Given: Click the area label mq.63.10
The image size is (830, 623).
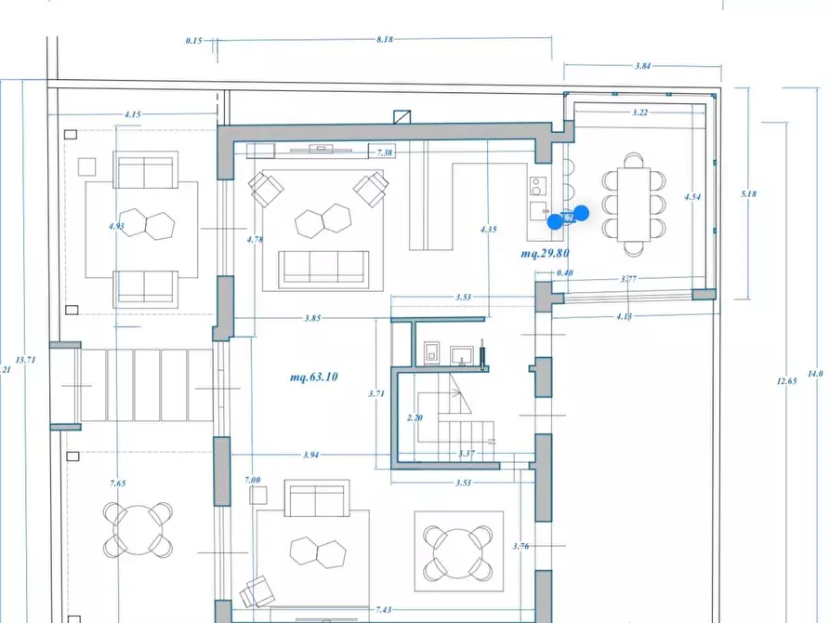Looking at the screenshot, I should pos(313,377).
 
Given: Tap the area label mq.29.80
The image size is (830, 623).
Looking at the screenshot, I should pos(545,253).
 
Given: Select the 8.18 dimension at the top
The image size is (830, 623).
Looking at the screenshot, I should pos(385,40).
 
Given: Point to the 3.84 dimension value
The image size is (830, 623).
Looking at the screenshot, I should pos(641,67).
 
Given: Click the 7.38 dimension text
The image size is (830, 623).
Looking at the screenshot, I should pos(385,152).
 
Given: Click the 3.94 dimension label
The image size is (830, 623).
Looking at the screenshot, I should pos(312,455).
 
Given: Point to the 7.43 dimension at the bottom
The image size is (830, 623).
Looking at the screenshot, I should pos(384,609).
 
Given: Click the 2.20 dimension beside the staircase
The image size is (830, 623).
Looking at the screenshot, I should pos(415,418).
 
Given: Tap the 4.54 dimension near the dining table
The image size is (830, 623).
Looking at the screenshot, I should pos(692,197).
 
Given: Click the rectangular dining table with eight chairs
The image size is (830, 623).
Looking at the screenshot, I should pos(633,203).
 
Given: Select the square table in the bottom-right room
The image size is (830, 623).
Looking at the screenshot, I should pos(458,551).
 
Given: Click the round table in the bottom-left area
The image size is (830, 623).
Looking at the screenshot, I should pos(138,528).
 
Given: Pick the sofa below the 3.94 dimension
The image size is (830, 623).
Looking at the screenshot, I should pos(316,499).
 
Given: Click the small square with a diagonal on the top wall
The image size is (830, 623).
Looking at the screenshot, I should pos(402,117).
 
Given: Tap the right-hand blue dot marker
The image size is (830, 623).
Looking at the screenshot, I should pos(581,213).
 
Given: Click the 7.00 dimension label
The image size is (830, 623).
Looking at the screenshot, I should pos(253,479).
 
